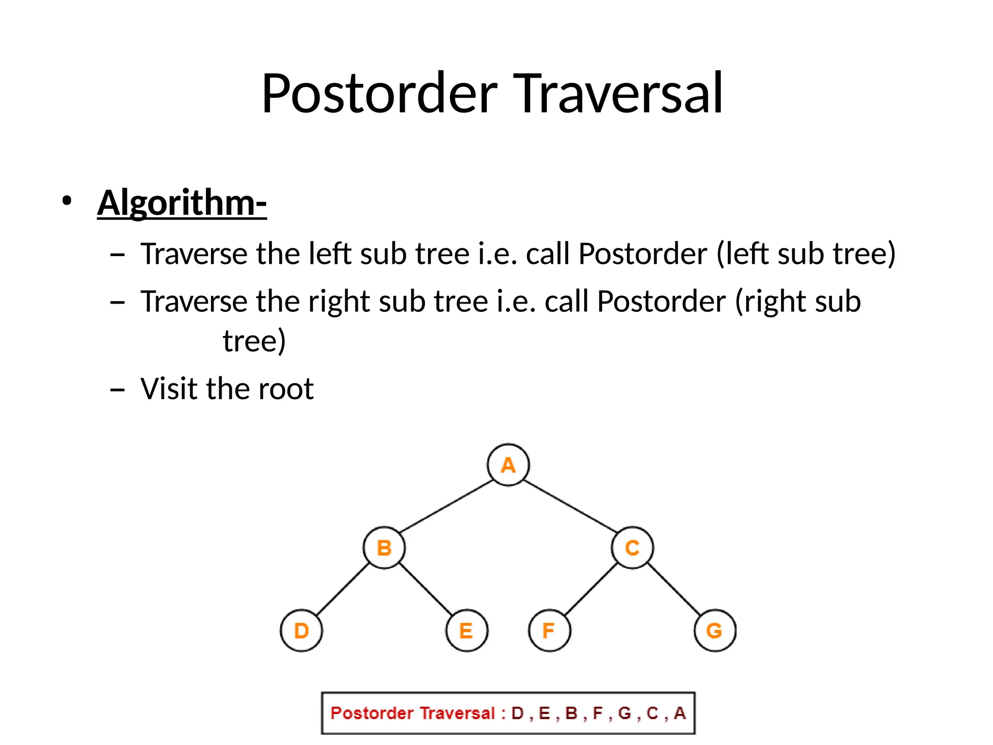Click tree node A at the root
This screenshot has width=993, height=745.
(508, 465)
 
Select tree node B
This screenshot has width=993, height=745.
(384, 548)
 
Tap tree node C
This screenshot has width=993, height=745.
(632, 548)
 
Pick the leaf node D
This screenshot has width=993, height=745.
(301, 631)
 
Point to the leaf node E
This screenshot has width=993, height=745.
(466, 631)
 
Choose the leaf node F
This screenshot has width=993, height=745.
(549, 631)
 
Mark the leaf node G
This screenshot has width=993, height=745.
(715, 631)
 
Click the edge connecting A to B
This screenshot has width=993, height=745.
(446, 506)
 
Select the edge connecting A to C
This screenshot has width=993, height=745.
(570, 506)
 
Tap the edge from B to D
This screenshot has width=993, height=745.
(343, 589)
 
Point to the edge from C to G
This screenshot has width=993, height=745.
(674, 589)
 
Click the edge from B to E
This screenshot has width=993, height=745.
(425, 589)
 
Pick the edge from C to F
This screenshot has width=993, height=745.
(591, 589)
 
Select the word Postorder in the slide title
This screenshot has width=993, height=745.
(380, 93)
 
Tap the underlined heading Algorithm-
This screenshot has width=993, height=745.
(182, 203)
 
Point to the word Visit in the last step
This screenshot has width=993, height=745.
(169, 389)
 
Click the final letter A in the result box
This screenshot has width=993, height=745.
(680, 713)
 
